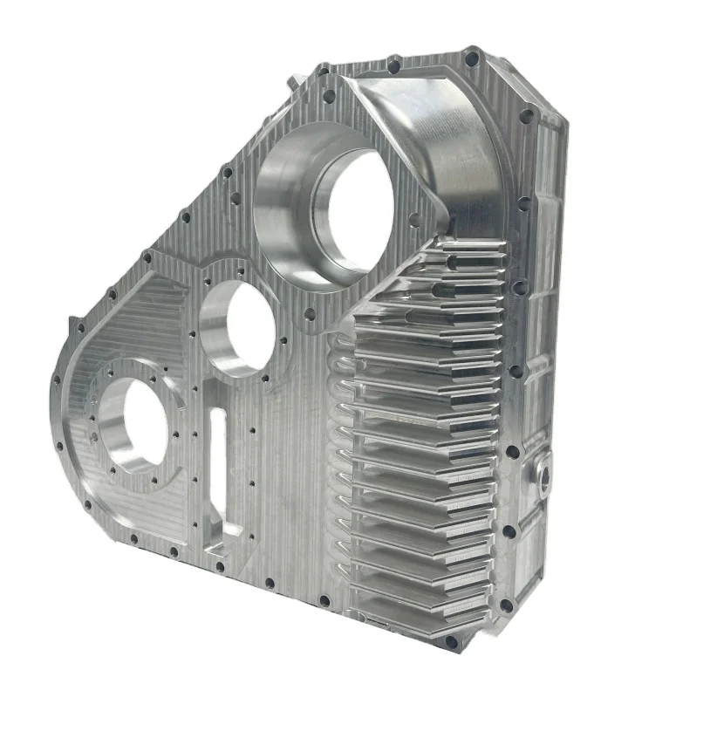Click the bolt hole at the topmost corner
472,59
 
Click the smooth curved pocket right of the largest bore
454,148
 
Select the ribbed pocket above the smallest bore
131,323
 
